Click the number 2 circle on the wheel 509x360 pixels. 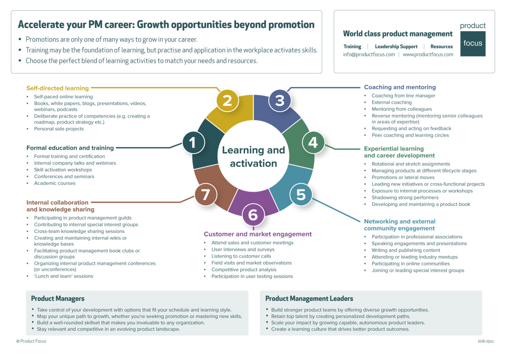pyautogui.click(x=227, y=101)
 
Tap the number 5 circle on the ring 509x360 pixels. pyautogui.click(x=301, y=195)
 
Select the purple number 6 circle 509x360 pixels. pyautogui.click(x=253, y=215)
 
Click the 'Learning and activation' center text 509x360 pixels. pyautogui.click(x=253, y=157)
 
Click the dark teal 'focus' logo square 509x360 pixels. pyautogui.click(x=473, y=43)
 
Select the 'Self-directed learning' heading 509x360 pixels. pyautogui.click(x=57, y=88)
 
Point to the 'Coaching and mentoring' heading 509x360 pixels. pyautogui.click(x=400, y=87)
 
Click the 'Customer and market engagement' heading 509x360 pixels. pyautogui.click(x=258, y=234)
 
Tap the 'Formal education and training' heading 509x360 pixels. pyautogui.click(x=70, y=148)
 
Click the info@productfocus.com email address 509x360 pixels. pyautogui.click(x=369, y=54)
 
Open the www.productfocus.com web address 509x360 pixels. pyautogui.click(x=428, y=54)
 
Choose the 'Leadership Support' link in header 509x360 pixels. pyautogui.click(x=396, y=47)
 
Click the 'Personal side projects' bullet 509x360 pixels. pyautogui.click(x=59, y=129)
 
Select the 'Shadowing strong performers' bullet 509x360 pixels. pyautogui.click(x=405, y=198)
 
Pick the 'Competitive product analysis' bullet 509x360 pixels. pyautogui.click(x=244, y=270)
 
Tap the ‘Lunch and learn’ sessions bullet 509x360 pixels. pyautogui.click(x=63, y=276)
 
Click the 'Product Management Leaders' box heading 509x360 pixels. pyautogui.click(x=309, y=299)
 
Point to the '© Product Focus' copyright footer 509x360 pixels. pyautogui.click(x=31, y=341)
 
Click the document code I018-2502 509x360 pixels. pyautogui.click(x=486, y=341)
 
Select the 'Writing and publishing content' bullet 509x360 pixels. pyautogui.click(x=406, y=250)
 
